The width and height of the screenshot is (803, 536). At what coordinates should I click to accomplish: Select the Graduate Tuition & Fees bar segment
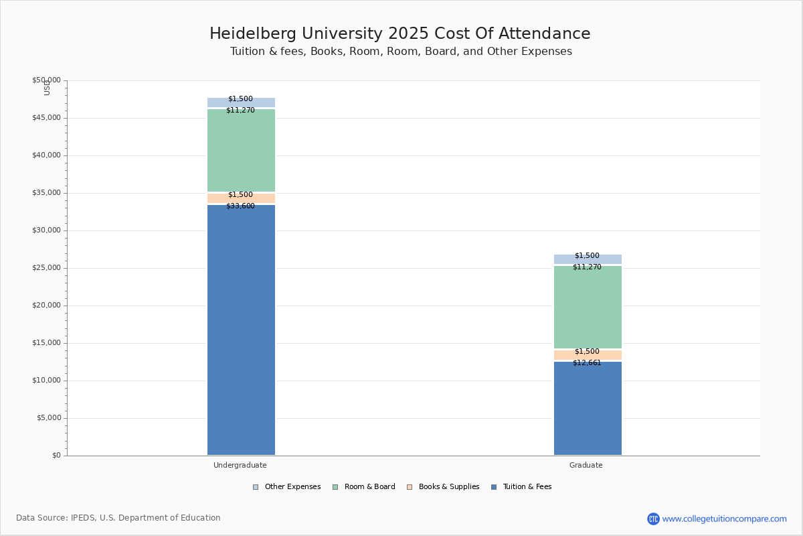tap(588, 408)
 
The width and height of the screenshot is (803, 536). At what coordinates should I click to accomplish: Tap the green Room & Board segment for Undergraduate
tap(241, 150)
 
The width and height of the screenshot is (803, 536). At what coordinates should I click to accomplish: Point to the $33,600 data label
tap(240, 206)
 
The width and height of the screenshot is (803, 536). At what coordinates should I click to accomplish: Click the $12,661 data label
tap(587, 363)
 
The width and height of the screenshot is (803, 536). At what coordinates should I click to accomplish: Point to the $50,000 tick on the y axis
tap(46, 80)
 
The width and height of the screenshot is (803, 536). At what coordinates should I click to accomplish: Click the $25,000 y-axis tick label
tap(46, 268)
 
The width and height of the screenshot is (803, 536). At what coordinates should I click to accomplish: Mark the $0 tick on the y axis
tap(56, 456)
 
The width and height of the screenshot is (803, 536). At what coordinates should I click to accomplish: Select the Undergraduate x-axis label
tap(240, 465)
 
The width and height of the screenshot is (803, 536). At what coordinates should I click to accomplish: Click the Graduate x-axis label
tap(586, 465)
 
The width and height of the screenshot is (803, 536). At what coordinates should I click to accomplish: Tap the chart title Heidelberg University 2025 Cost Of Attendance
tap(400, 34)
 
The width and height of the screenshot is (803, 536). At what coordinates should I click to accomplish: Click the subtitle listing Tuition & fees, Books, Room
tap(401, 52)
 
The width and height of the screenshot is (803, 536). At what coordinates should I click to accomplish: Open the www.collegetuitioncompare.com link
tap(724, 519)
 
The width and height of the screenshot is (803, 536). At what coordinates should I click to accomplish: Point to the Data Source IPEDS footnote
tap(118, 518)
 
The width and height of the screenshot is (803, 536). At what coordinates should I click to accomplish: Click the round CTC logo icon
tap(653, 519)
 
